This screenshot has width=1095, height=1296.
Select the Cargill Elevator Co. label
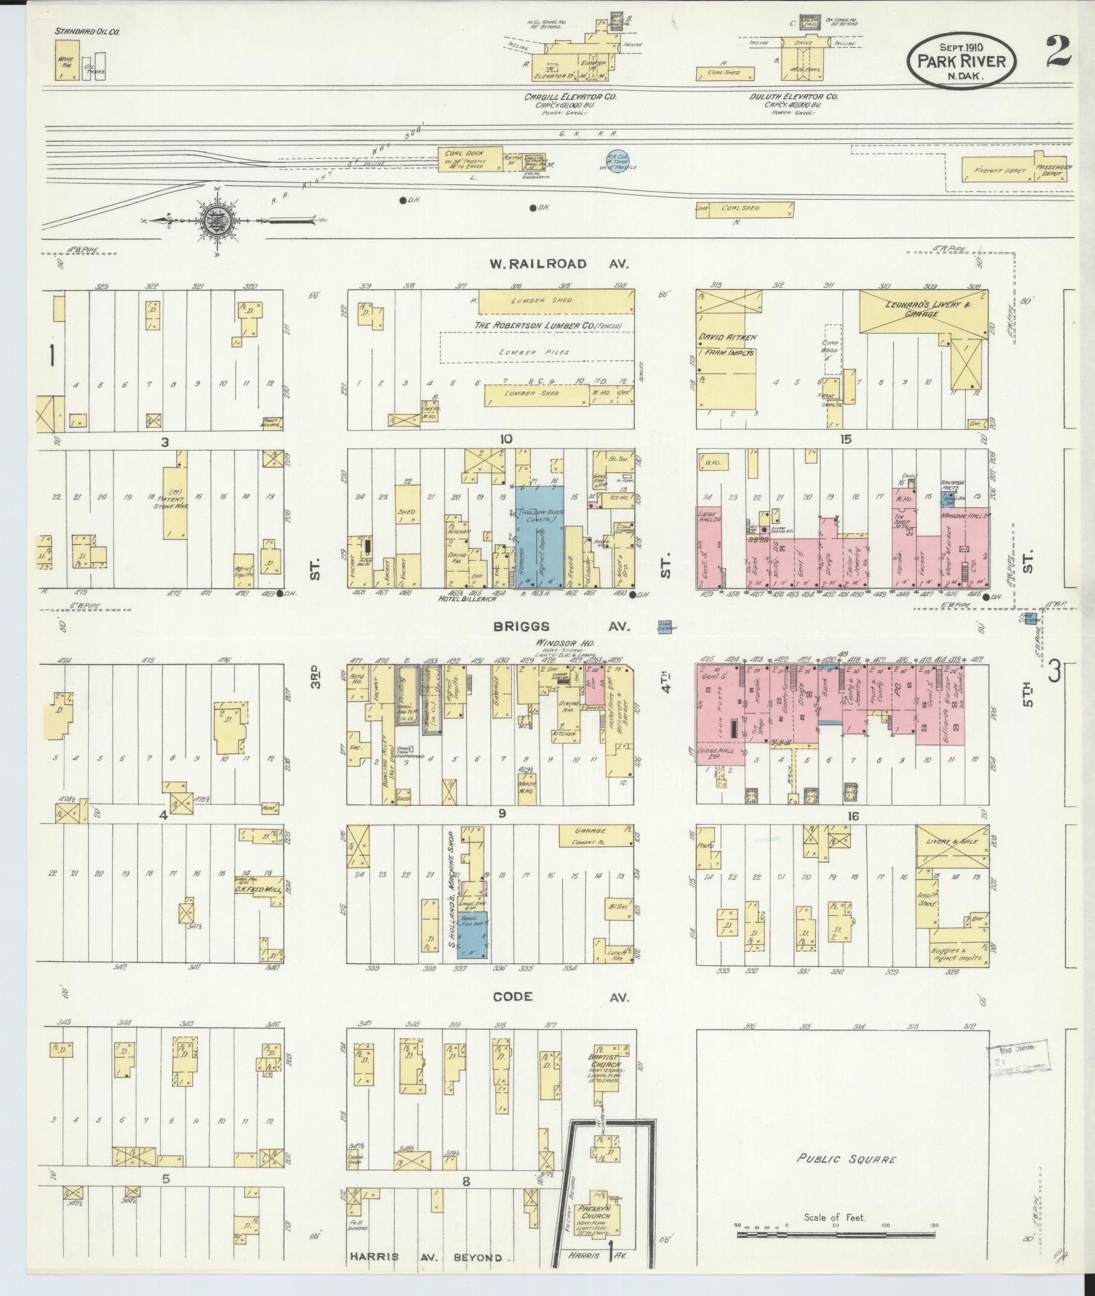[x=570, y=97]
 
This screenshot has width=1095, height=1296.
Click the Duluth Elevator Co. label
[x=794, y=97]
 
